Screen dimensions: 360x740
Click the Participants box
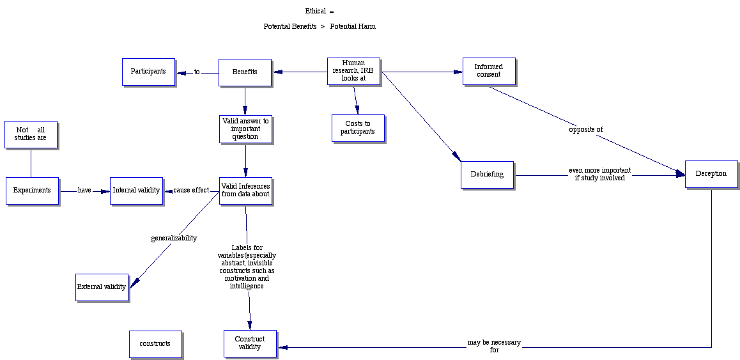[x=148, y=72]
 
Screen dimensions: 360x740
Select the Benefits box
[x=245, y=72]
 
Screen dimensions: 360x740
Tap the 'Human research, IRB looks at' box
[x=353, y=71]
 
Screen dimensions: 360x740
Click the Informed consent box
[x=488, y=71]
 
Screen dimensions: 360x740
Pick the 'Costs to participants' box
[x=358, y=128]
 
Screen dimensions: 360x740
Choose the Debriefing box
[x=487, y=175]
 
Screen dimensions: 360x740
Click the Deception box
[x=711, y=174]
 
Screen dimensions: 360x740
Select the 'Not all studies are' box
[x=31, y=134]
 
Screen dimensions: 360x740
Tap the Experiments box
[x=32, y=191]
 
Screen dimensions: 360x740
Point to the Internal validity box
[x=136, y=191]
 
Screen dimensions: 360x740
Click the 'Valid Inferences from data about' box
[x=245, y=191]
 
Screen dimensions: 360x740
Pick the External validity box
[x=102, y=287]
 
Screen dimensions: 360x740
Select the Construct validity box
[x=250, y=343]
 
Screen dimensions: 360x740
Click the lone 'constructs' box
[x=155, y=344]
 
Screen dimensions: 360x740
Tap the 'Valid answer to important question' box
[x=245, y=129]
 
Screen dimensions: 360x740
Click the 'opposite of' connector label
[x=586, y=130]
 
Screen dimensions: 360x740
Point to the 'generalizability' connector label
[x=174, y=239]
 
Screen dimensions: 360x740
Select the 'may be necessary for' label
[x=494, y=347]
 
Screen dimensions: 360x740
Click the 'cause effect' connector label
[x=191, y=191]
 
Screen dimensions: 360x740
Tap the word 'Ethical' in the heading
[x=316, y=11]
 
